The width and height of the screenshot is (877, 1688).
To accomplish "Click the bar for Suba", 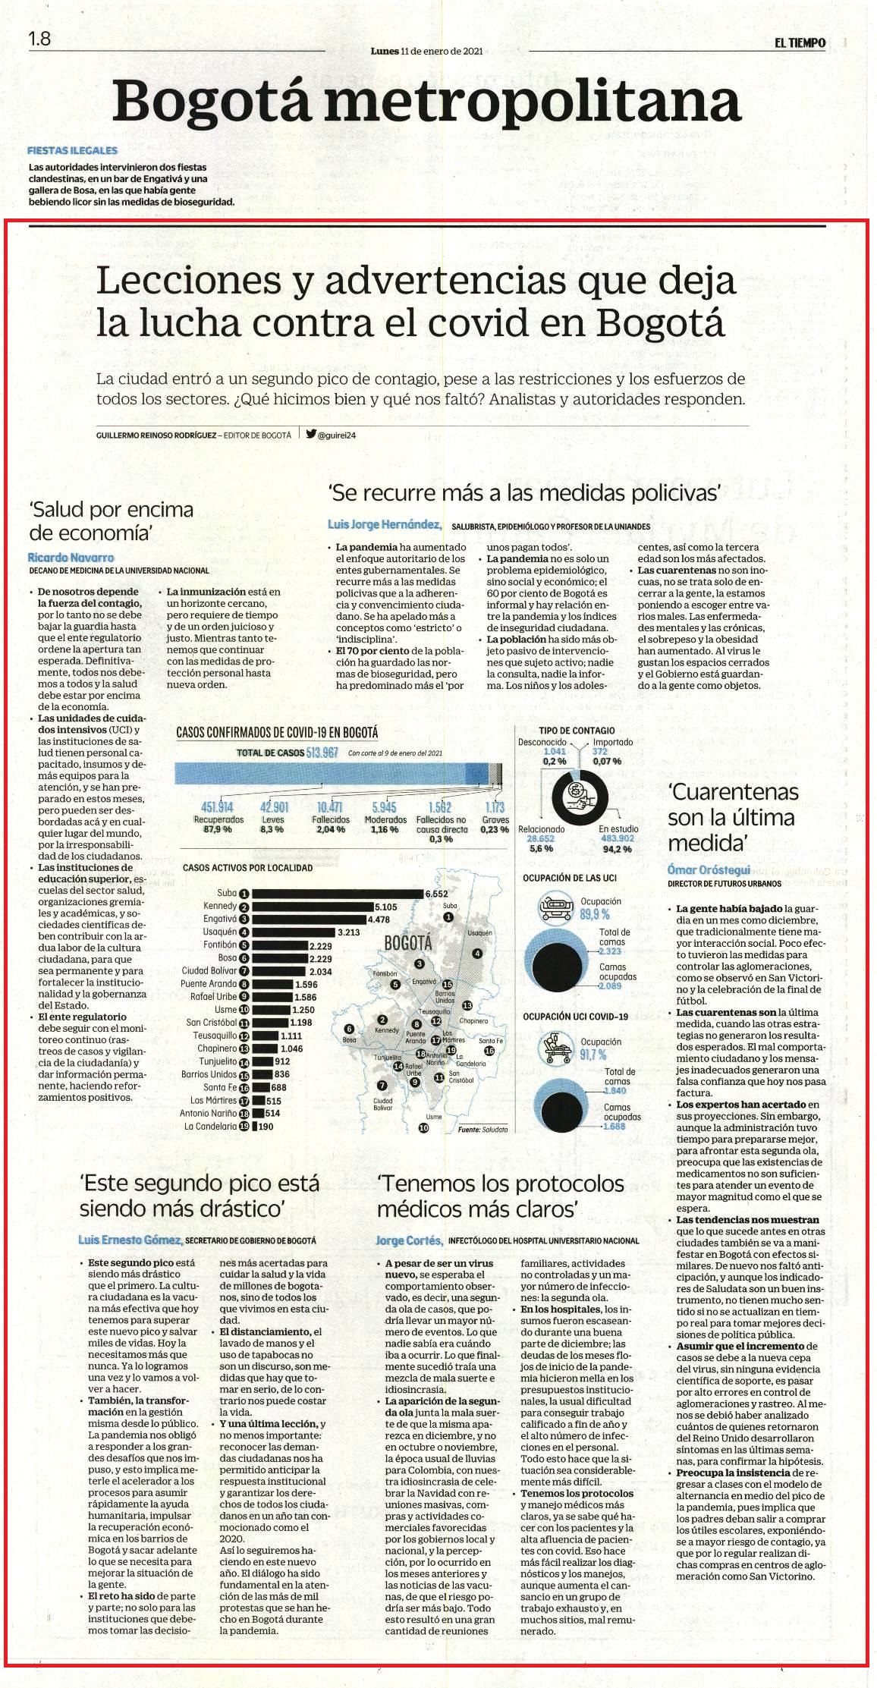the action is [338, 894].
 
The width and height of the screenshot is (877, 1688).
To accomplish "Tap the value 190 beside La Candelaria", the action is [266, 1127].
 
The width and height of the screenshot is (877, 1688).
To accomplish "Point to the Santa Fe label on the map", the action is [491, 1041].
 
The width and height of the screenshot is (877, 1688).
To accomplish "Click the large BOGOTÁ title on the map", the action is [408, 943].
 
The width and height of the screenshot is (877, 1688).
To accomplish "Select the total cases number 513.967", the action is [322, 752].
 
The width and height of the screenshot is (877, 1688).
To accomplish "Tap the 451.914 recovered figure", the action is [217, 807].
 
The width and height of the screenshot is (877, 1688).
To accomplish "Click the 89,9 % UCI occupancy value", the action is [595, 914].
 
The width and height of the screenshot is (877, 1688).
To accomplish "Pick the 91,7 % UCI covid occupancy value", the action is [593, 1055].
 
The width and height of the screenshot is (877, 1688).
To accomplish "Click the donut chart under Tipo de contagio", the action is [580, 795].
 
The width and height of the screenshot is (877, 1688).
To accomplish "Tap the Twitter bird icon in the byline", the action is [311, 435].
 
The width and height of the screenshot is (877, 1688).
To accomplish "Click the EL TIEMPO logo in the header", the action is [800, 43].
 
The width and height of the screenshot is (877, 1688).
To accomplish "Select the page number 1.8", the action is [39, 39].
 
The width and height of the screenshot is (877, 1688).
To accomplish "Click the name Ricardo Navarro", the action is [71, 558].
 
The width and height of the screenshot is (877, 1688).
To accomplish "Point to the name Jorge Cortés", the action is [409, 1240].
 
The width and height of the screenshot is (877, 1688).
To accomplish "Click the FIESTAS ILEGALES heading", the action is [72, 150].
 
